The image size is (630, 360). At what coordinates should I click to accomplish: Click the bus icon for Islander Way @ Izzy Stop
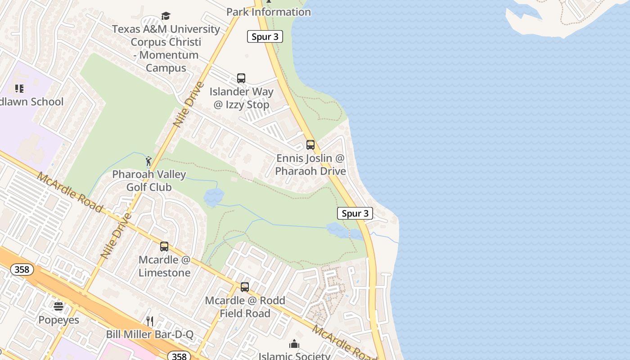241,78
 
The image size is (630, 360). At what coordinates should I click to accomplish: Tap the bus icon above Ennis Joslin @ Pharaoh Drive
310,145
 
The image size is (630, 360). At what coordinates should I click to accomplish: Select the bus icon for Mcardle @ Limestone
164,247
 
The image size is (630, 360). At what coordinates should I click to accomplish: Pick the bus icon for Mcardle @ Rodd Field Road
245,287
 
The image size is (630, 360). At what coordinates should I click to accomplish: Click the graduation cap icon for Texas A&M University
166,16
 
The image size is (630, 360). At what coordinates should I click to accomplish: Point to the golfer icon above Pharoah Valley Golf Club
148,161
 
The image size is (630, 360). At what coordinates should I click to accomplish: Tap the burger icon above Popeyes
58,306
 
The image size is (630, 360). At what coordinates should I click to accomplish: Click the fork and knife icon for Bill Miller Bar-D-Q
150,321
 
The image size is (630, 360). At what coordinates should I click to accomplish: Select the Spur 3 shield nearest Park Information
265,37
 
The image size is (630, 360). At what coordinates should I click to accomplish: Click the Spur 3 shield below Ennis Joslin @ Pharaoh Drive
355,213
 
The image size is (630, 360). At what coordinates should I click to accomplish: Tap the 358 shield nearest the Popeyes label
22,270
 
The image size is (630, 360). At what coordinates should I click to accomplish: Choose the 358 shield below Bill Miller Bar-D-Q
179,356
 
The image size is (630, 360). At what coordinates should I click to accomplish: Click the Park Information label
269,12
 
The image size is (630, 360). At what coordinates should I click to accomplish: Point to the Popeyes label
58,320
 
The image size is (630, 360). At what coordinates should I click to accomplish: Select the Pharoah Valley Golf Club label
149,180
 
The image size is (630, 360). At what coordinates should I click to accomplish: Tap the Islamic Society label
294,356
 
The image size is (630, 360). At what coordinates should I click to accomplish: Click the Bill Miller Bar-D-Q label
150,334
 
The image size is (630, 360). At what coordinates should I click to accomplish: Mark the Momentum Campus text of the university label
166,62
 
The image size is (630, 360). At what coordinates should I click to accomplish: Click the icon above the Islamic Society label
294,344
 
